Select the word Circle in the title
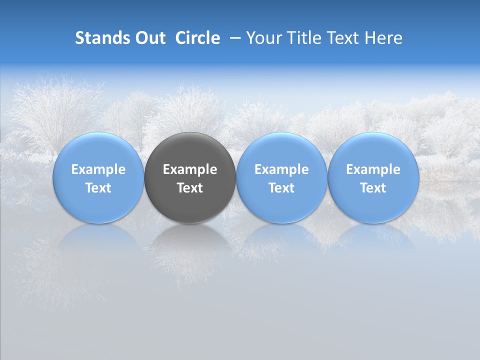click(197, 38)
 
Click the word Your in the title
click(265, 38)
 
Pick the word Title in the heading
click(304, 38)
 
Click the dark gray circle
click(190, 150)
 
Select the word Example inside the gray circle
click(190, 169)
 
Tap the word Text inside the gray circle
click(190, 188)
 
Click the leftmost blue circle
click(98, 150)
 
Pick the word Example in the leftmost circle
click(98, 169)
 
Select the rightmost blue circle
click(373, 150)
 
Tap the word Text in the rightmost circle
click(373, 188)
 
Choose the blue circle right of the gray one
click(281, 150)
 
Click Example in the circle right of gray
click(281, 169)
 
